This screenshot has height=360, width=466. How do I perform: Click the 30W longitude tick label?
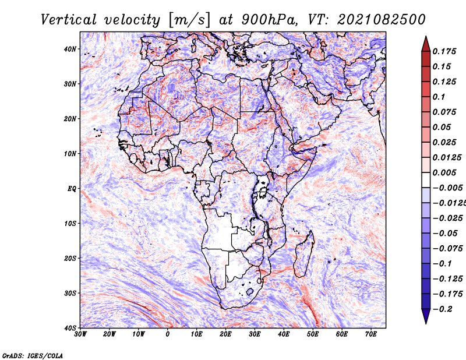[80, 334]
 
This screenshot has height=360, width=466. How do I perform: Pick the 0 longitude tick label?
[168, 334]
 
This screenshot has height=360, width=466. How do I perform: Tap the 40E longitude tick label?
[284, 334]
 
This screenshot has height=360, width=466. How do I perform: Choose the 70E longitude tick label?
[370, 334]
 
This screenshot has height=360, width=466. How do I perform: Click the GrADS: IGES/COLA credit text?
[33, 355]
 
